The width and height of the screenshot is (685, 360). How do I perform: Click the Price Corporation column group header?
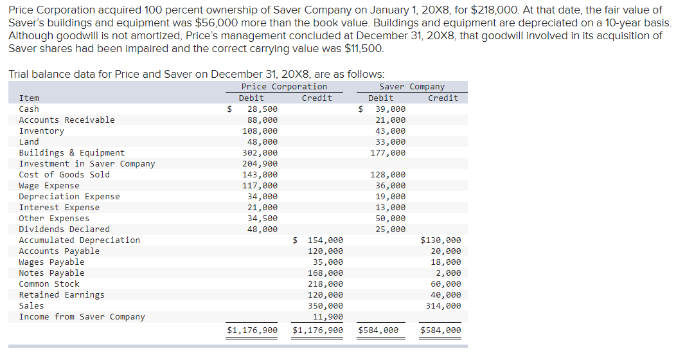(284, 87)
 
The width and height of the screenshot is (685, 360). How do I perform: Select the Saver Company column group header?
(411, 87)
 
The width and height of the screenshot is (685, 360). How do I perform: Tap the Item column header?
(29, 98)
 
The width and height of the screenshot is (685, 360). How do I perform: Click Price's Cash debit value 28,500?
(262, 109)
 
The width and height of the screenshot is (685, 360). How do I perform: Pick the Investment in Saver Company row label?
(87, 164)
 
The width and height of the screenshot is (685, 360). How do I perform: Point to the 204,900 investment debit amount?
(262, 164)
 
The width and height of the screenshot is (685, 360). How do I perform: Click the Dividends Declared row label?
(64, 230)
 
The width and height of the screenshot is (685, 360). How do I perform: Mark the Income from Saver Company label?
(82, 317)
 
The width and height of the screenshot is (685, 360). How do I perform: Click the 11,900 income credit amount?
(328, 317)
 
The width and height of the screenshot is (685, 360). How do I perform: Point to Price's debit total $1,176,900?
(253, 331)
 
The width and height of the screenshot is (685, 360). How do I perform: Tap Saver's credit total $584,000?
(441, 331)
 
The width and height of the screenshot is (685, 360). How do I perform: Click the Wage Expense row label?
(49, 186)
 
